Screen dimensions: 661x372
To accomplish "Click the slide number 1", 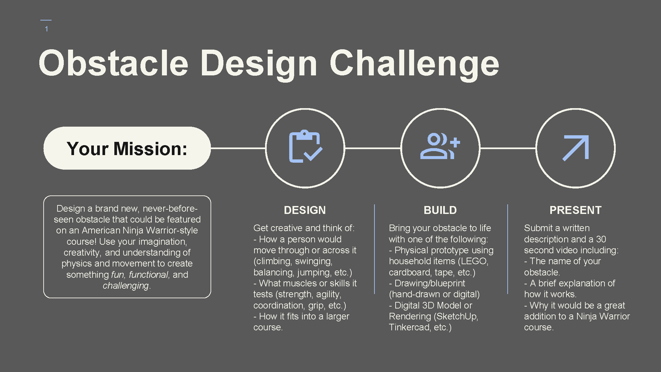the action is pyautogui.click(x=47, y=29).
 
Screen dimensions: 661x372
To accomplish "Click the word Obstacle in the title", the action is pyautogui.click(x=114, y=63).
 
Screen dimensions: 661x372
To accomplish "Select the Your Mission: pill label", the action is pyautogui.click(x=127, y=148).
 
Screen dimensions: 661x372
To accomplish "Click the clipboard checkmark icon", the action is pyautogui.click(x=305, y=146).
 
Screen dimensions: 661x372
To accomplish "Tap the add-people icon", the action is pyautogui.click(x=440, y=146).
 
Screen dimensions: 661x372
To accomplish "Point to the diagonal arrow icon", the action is pyautogui.click(x=576, y=148).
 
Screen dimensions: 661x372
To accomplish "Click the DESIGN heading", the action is pyautogui.click(x=305, y=210).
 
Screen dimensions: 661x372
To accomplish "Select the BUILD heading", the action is pyautogui.click(x=440, y=210).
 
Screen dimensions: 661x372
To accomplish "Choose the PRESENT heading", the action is pyautogui.click(x=575, y=210).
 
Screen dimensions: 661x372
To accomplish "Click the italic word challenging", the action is pyautogui.click(x=126, y=286).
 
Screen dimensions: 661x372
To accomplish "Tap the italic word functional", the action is pyautogui.click(x=149, y=274).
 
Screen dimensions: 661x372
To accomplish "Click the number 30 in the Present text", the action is pyautogui.click(x=601, y=239).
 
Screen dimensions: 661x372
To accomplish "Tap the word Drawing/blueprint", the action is pyautogui.click(x=430, y=283).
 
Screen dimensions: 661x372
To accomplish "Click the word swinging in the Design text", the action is pyautogui.click(x=313, y=261).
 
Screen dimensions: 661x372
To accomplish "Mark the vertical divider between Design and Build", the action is pyautogui.click(x=374, y=249).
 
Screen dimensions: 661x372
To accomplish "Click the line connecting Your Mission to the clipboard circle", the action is pyautogui.click(x=238, y=148).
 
